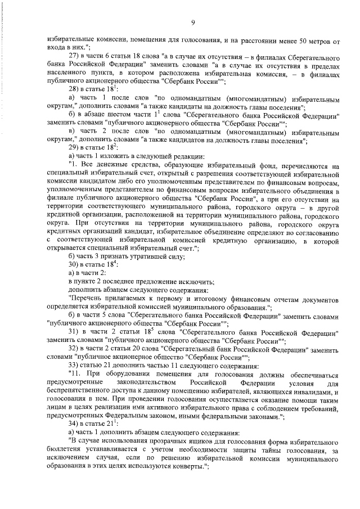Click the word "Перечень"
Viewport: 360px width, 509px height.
tap(87, 299)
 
